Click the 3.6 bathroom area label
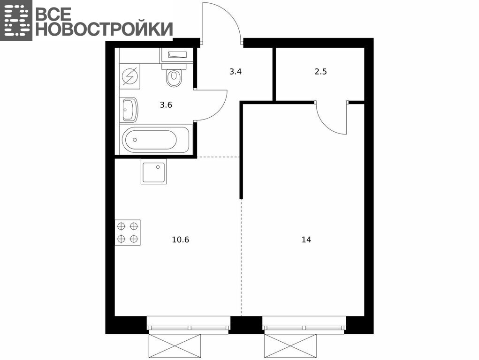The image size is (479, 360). (166, 105)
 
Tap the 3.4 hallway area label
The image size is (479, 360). (236, 72)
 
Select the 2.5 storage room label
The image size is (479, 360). (321, 71)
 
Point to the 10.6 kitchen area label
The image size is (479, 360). (181, 240)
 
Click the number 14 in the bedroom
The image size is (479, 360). (306, 240)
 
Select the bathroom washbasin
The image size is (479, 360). (129, 110)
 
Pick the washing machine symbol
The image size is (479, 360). (130, 76)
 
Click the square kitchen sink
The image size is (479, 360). (154, 172)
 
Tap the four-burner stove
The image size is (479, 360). (128, 232)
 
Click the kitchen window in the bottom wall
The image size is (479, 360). (189, 324)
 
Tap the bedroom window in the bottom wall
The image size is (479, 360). (304, 324)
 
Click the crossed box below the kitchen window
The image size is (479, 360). (175, 345)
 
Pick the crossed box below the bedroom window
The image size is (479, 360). (290, 345)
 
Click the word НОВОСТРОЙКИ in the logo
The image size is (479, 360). (104, 30)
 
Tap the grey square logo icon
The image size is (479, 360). (16, 20)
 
